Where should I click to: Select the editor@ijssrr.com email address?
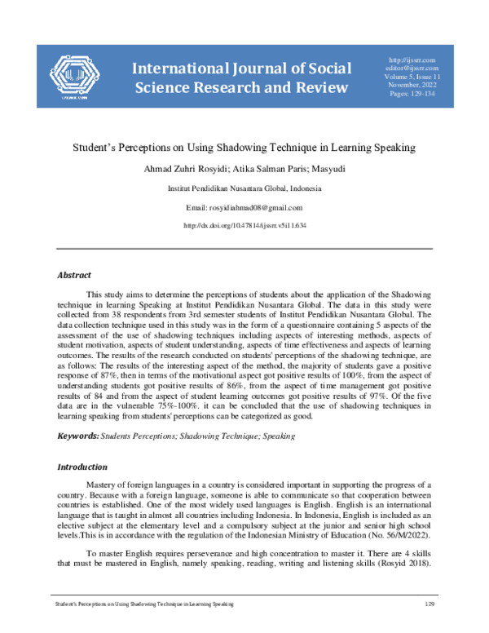(x=413, y=69)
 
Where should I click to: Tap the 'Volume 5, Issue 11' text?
(x=413, y=78)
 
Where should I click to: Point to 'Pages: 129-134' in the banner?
(x=413, y=96)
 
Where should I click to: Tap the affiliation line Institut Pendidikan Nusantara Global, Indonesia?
(x=244, y=188)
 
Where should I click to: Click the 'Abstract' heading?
(x=73, y=276)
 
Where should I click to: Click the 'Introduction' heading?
(x=81, y=467)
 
